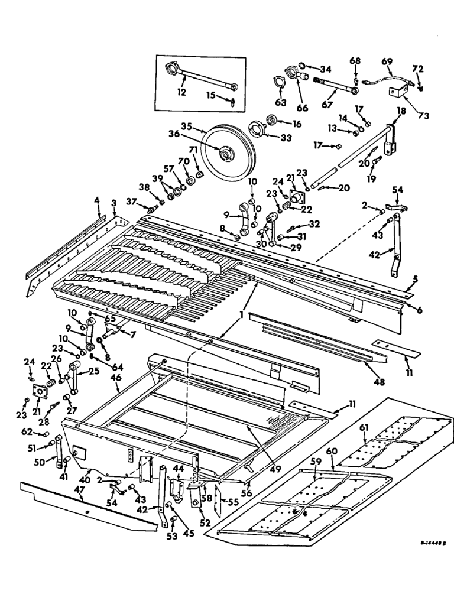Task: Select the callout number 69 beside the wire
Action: (387, 61)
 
